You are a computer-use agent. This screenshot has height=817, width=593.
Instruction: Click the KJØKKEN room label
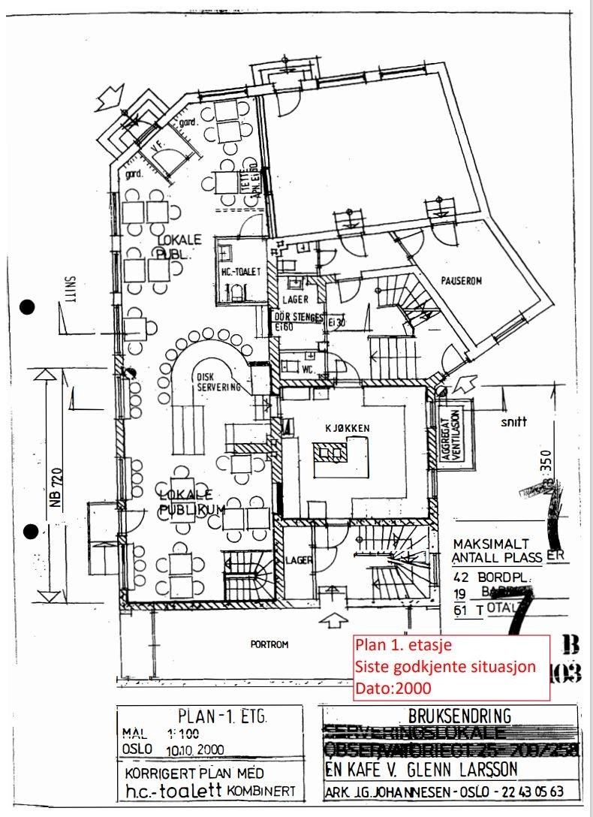pos(348,428)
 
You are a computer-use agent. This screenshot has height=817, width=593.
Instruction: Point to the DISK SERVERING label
pos(218,383)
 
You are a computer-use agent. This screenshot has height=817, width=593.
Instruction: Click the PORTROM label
pos(270,644)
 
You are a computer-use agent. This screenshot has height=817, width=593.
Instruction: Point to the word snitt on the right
pos(514,422)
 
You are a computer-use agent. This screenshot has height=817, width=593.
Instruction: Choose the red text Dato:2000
pos(390,686)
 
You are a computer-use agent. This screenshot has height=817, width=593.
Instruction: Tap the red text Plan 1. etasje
pos(402,644)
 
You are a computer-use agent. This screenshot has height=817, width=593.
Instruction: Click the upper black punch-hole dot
pos(29,306)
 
